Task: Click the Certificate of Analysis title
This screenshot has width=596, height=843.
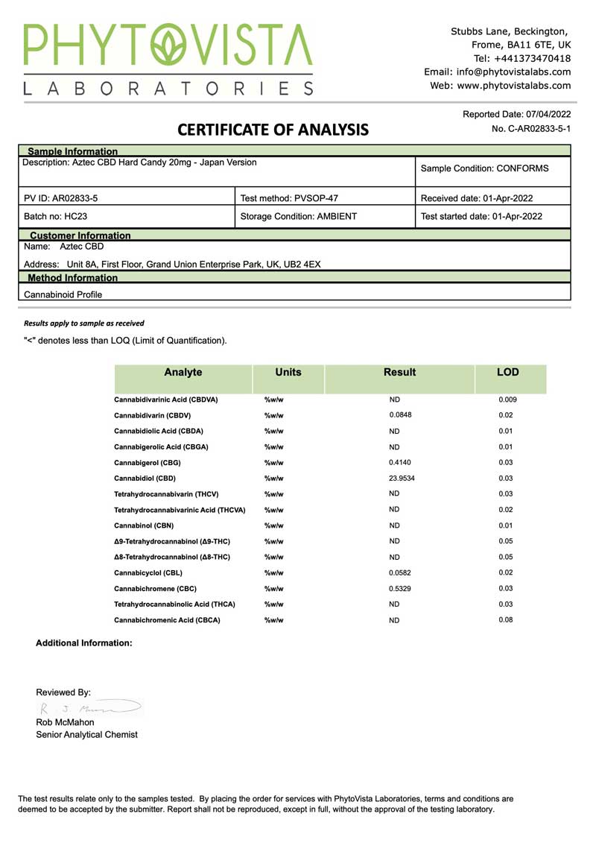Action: click(x=273, y=130)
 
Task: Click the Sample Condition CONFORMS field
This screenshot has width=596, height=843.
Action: click(x=484, y=168)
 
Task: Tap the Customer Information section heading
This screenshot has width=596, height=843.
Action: click(x=80, y=236)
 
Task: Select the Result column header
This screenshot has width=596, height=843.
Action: click(x=399, y=372)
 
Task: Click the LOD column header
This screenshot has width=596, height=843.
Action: click(x=507, y=372)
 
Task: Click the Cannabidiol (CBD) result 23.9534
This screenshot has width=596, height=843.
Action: click(x=402, y=478)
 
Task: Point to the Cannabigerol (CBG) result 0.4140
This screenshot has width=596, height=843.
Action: click(x=400, y=462)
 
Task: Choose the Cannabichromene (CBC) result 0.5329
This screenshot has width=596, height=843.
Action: click(x=400, y=588)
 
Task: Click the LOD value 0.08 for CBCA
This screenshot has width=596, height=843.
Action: click(x=506, y=619)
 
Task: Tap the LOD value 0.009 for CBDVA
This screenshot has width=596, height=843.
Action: click(x=507, y=400)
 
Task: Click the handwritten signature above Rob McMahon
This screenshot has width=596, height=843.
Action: click(x=89, y=707)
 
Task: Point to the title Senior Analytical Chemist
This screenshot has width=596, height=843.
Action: click(x=86, y=734)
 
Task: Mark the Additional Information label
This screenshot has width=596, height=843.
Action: click(x=84, y=642)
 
